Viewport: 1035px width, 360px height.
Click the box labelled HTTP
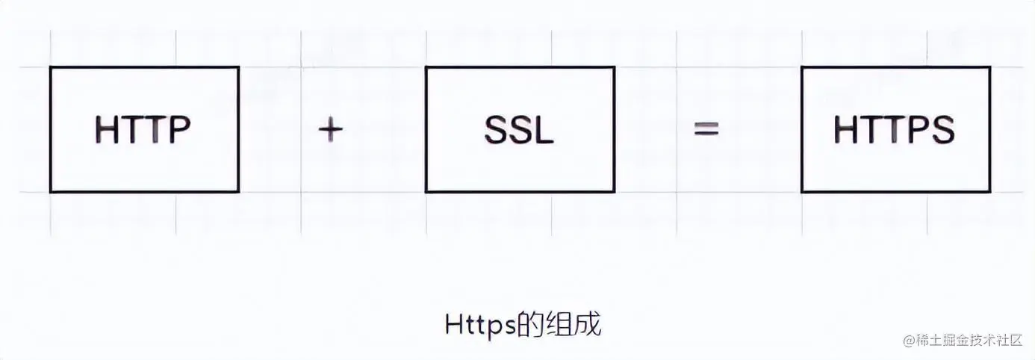[x=144, y=129]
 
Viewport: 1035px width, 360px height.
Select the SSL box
[x=520, y=129]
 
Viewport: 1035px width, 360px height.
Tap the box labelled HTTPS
[x=895, y=129]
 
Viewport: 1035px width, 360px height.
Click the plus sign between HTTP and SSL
[x=330, y=130]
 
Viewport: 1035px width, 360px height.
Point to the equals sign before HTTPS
[x=706, y=130]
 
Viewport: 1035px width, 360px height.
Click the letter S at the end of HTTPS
[x=943, y=131]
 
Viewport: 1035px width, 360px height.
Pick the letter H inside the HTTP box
[x=107, y=131]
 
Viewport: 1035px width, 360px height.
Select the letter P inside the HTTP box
[x=179, y=131]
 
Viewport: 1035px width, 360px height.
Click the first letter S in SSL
[x=495, y=131]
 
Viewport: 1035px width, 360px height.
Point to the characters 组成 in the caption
[x=576, y=326]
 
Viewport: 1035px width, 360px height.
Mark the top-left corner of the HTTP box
[x=51, y=67]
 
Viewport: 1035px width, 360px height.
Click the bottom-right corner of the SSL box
[x=615, y=192]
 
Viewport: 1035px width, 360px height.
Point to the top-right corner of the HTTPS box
[x=990, y=67]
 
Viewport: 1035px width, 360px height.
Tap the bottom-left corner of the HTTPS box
[x=802, y=192]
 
